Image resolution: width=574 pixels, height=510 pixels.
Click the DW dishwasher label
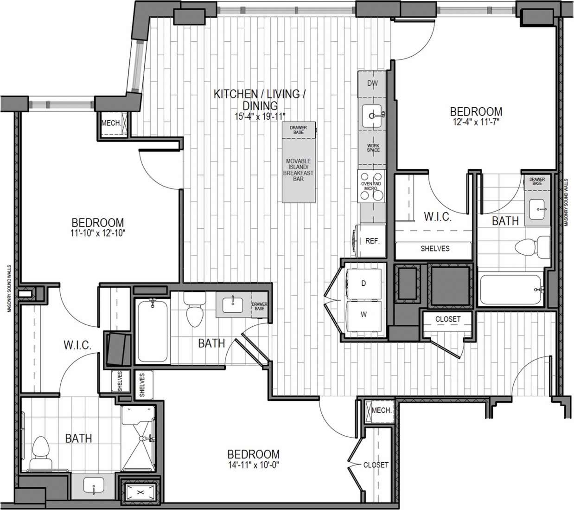click(372, 84)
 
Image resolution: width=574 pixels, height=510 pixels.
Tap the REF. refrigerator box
click(372, 241)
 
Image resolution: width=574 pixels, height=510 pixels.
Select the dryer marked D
click(364, 283)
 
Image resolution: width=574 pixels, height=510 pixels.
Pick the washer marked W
click(364, 314)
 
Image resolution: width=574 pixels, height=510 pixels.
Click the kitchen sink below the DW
click(373, 114)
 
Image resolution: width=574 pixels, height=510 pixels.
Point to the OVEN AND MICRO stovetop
click(372, 186)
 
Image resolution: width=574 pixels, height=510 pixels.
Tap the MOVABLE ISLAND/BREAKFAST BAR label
click(298, 170)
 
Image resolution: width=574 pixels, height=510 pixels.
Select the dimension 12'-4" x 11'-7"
click(476, 123)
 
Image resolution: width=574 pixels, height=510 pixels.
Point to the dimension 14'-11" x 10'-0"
click(254, 465)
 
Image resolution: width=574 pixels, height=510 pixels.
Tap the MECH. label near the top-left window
click(111, 123)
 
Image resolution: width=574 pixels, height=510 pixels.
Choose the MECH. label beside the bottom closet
click(382, 411)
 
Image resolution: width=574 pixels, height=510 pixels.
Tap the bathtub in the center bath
click(152, 331)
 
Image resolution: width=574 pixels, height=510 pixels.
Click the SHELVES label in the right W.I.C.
click(434, 249)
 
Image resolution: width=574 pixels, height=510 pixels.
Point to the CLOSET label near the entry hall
click(448, 319)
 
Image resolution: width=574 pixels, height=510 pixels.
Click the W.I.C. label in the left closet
click(77, 345)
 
